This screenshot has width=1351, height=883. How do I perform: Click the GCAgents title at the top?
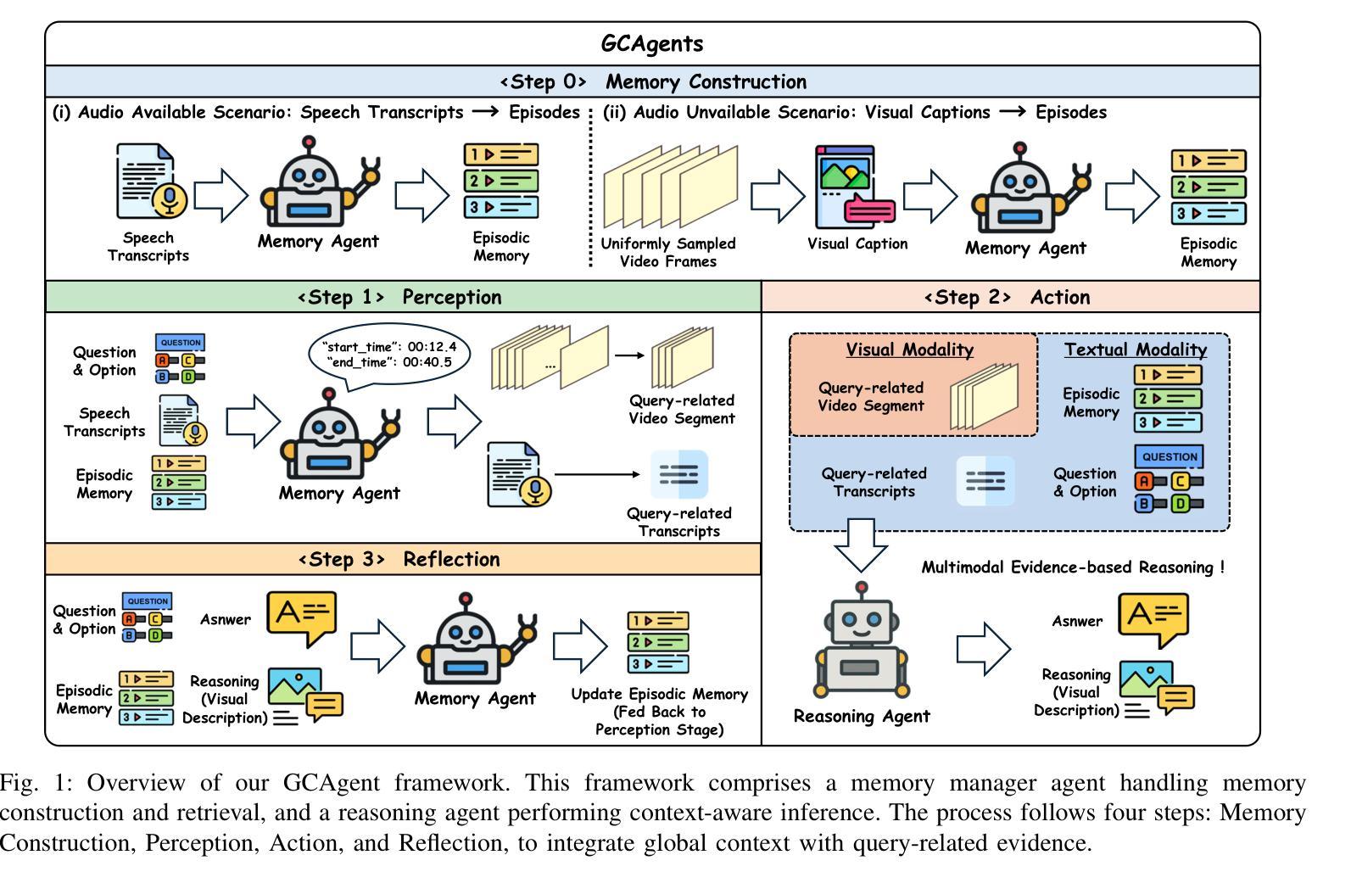click(x=651, y=43)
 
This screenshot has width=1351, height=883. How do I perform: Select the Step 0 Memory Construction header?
click(x=652, y=81)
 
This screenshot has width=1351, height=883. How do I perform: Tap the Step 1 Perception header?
click(x=399, y=297)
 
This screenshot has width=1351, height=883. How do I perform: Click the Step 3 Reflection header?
click(x=399, y=559)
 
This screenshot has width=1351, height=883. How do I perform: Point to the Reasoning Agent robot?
click(x=862, y=642)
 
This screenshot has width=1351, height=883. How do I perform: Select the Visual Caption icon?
click(x=855, y=186)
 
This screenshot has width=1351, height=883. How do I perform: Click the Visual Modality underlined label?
click(x=909, y=349)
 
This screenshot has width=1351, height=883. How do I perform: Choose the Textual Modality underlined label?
click(x=1135, y=349)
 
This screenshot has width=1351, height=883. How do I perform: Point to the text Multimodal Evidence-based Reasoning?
click(x=1072, y=567)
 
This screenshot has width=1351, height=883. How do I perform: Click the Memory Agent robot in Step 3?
click(x=475, y=640)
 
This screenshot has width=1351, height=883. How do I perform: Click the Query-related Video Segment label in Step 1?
click(x=681, y=409)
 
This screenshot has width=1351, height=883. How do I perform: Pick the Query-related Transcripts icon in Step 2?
click(x=985, y=481)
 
